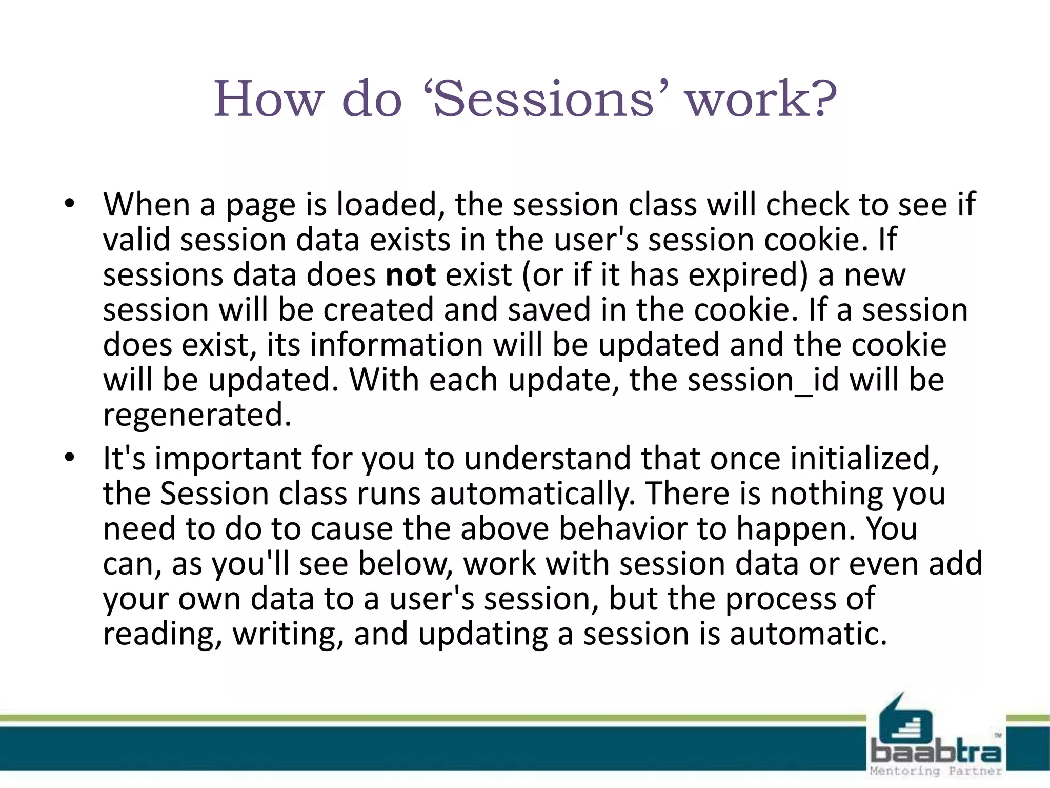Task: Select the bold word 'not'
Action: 410,275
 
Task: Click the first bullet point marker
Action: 70,205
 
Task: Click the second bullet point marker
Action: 70,458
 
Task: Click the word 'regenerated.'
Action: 197,415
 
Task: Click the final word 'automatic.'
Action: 808,634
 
